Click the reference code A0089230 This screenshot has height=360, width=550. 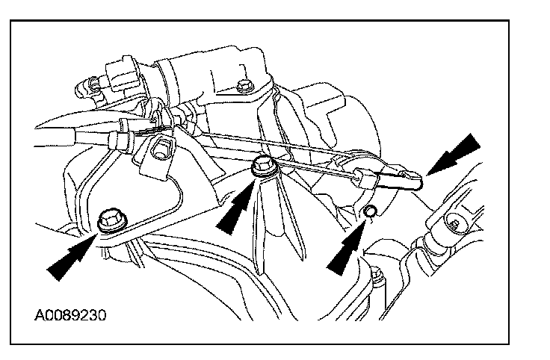click(69, 314)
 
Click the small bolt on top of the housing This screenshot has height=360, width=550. click(241, 87)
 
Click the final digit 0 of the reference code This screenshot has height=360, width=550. click(101, 314)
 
